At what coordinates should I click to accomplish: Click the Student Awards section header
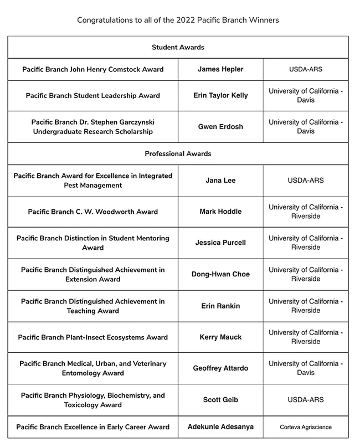[x=178, y=48]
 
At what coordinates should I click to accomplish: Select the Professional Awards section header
[x=178, y=153]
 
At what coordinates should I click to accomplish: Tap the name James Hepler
[x=220, y=69]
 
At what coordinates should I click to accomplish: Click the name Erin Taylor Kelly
[x=220, y=95]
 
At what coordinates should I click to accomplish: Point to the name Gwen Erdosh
[x=220, y=126]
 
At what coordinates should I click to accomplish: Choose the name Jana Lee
[x=220, y=181]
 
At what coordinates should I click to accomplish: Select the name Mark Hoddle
[x=220, y=212]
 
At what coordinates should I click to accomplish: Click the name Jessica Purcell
[x=220, y=243]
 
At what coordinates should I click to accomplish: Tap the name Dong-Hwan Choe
[x=220, y=274]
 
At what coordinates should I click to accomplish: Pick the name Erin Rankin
[x=220, y=306]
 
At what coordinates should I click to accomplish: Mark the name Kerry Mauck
[x=220, y=337]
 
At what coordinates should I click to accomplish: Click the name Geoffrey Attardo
[x=220, y=368]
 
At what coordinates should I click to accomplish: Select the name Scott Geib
[x=220, y=400]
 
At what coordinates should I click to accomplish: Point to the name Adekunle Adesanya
[x=220, y=427]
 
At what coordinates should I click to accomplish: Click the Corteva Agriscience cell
[x=306, y=428]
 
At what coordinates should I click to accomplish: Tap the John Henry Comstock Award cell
[x=93, y=69]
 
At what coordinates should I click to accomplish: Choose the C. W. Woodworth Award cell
[x=93, y=212]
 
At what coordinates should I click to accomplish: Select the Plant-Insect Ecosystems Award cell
[x=93, y=337]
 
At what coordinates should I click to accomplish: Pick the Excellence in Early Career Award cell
[x=93, y=427]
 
